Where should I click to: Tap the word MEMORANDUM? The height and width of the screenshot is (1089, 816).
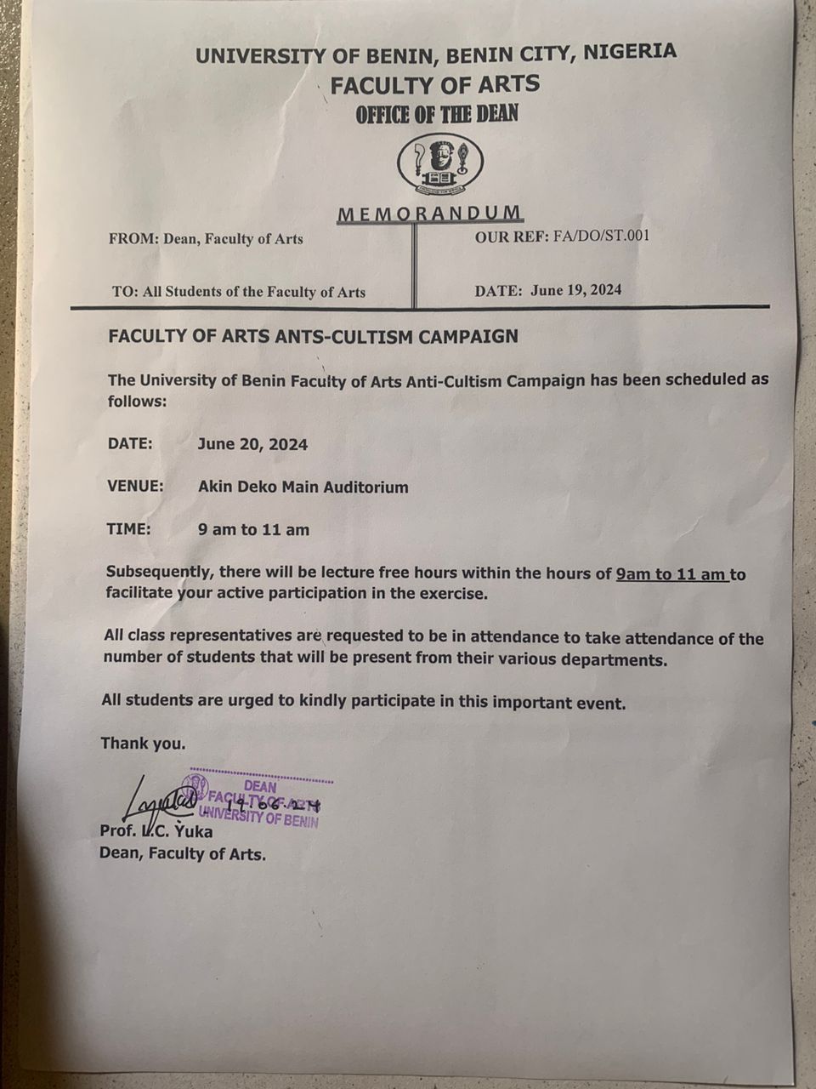[x=429, y=214]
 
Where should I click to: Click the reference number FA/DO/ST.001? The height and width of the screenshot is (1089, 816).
[x=601, y=236]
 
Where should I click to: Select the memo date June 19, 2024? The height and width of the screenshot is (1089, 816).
[x=575, y=289]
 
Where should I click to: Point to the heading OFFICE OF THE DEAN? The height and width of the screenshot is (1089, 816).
[x=437, y=114]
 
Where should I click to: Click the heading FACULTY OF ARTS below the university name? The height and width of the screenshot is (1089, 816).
[x=435, y=84]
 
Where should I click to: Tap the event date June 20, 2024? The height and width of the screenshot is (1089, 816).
[x=252, y=444]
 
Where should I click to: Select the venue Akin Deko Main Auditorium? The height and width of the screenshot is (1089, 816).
[x=303, y=487]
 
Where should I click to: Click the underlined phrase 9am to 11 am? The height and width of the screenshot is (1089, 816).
[x=671, y=574]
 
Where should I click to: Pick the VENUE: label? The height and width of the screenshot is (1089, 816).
[x=135, y=487]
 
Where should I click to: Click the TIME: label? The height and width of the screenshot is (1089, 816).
[x=128, y=529]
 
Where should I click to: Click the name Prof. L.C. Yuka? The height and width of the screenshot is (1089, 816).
[x=156, y=831]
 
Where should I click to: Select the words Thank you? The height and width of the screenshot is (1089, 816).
[x=143, y=744]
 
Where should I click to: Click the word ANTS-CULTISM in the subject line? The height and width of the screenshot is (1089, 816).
[x=353, y=336]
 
